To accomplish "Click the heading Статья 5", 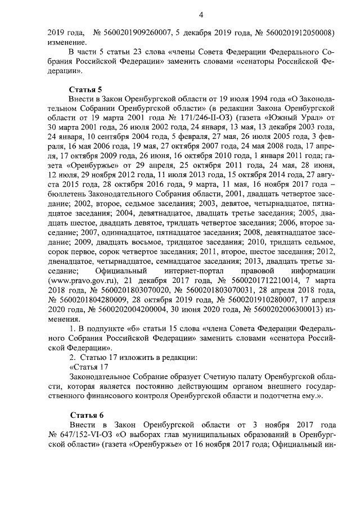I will [x=85, y=88].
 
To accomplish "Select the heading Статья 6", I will [x=85, y=415].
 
